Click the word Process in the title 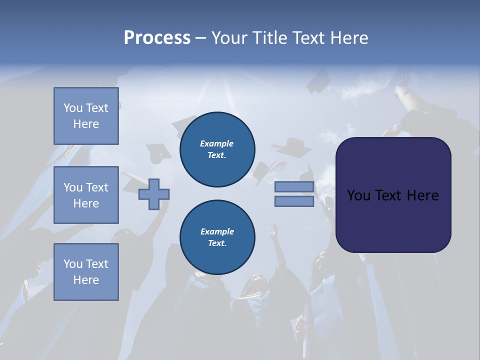[x=157, y=38]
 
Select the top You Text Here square [x=86, y=116]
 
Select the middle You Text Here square [x=86, y=195]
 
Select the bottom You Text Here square [x=86, y=272]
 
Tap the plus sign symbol [x=154, y=194]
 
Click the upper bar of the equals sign [x=294, y=186]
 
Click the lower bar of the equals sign [x=294, y=201]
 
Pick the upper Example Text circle [x=217, y=149]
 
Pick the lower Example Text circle [x=217, y=237]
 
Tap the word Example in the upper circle [x=217, y=144]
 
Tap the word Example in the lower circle [x=217, y=232]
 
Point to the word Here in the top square [x=86, y=124]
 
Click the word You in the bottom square [x=73, y=264]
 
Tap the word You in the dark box [x=358, y=195]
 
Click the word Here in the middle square [x=86, y=203]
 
